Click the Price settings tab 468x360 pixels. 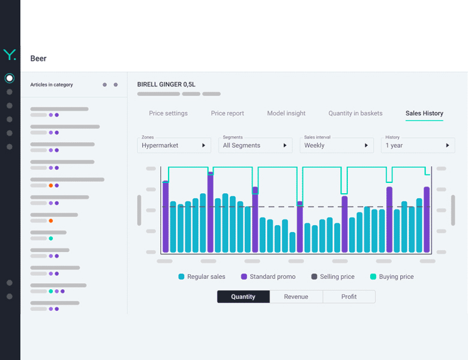(169, 113)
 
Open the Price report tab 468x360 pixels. (227, 113)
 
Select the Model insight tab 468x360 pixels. (286, 113)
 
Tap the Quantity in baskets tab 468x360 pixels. (355, 113)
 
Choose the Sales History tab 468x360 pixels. (424, 113)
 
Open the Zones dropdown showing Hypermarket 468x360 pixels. (174, 145)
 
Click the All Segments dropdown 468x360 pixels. (255, 145)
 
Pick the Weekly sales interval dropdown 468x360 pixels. (337, 145)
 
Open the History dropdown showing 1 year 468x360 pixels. (418, 145)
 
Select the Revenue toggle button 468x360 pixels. (296, 297)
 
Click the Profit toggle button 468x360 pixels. (349, 297)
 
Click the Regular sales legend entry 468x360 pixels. (202, 277)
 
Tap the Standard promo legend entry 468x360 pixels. (268, 277)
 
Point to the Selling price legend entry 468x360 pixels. (333, 277)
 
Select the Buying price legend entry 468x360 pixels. (392, 277)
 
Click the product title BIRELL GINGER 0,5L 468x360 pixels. (166, 85)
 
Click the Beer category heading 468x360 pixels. (38, 59)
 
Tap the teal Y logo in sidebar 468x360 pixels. (10, 55)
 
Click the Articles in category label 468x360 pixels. (52, 85)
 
